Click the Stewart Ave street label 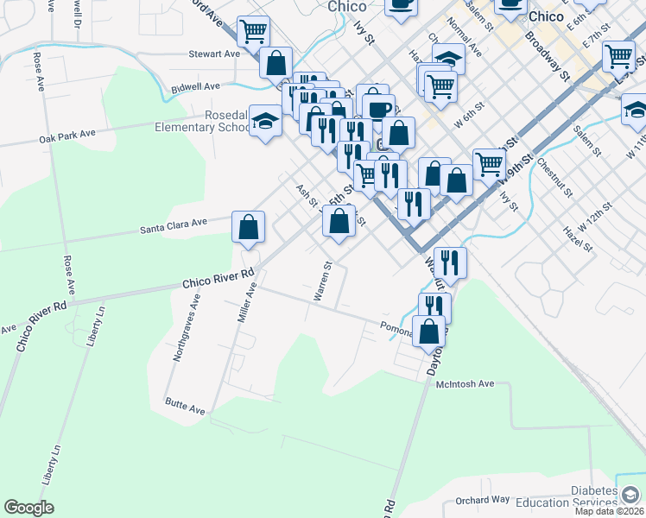[214, 54]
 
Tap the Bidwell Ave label [196, 87]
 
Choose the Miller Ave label [247, 306]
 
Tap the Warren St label [321, 281]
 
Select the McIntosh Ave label [465, 383]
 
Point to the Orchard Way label [483, 500]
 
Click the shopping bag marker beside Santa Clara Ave [248, 227]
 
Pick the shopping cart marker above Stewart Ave [253, 32]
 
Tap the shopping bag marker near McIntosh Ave [429, 331]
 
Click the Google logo [28, 508]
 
